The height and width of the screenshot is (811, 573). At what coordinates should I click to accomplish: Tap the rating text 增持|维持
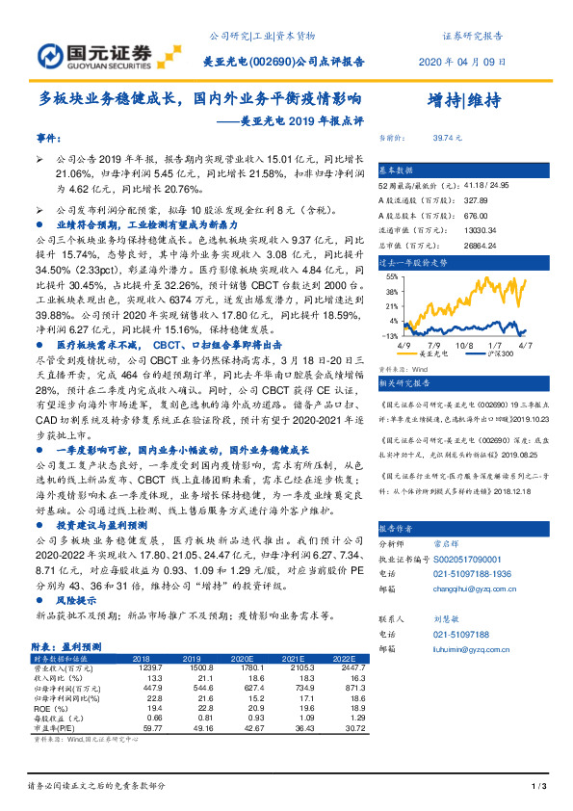(x=463, y=100)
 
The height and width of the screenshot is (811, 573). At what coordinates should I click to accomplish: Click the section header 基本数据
(x=396, y=168)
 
